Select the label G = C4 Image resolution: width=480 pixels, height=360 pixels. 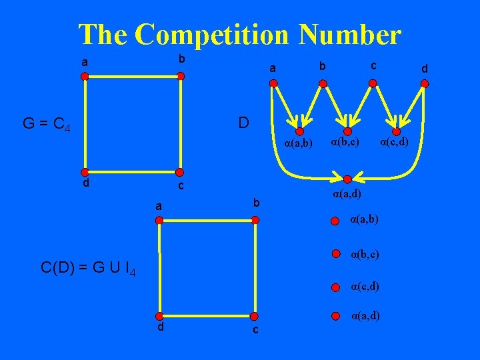pyautogui.click(x=46, y=124)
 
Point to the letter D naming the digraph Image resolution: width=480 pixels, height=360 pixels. pyautogui.click(x=243, y=123)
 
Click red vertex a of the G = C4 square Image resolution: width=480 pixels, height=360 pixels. pyautogui.click(x=85, y=77)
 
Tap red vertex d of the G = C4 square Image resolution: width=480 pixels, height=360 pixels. pyautogui.click(x=85, y=170)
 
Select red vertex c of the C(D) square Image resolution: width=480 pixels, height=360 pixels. pyautogui.click(x=253, y=317)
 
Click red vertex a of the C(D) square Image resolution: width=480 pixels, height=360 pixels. pyautogui.click(x=159, y=219)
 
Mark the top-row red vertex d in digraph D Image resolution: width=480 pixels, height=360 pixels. pyautogui.click(x=425, y=83)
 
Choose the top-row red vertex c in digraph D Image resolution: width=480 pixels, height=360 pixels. pyautogui.click(x=373, y=83)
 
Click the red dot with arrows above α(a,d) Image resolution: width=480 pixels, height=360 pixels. pyautogui.click(x=346, y=178)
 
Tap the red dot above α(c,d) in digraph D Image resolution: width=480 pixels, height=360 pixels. pyautogui.click(x=396, y=132)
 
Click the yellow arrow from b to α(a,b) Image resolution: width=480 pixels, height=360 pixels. pyautogui.click(x=313, y=107)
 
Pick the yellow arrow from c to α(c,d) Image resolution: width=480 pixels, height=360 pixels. pyautogui.click(x=384, y=107)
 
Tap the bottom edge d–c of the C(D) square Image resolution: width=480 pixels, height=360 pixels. pyautogui.click(x=206, y=317)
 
